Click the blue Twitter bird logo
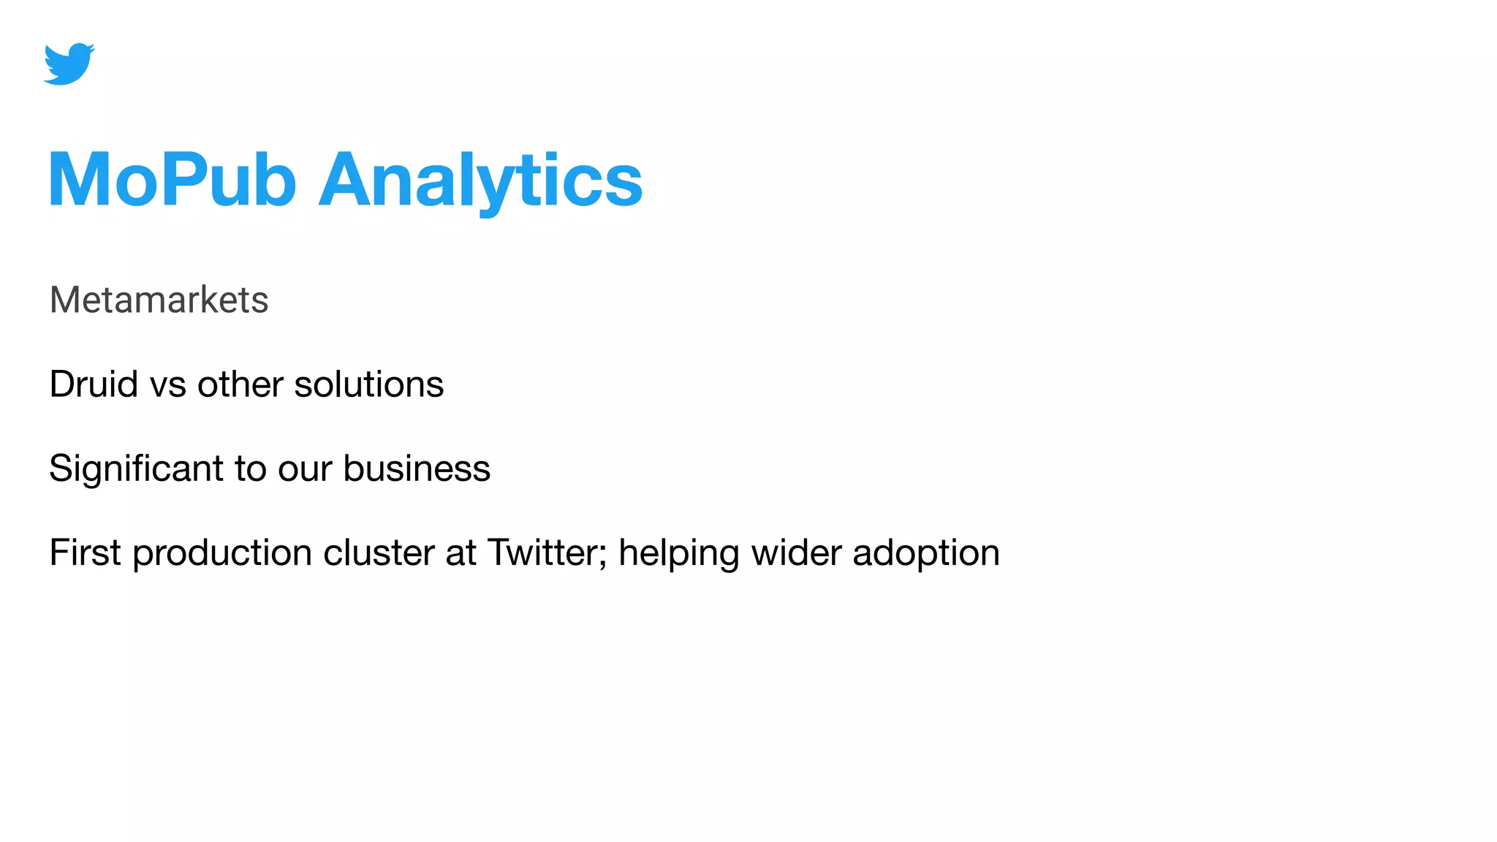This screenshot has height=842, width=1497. click(x=69, y=64)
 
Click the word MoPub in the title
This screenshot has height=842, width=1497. click(x=173, y=180)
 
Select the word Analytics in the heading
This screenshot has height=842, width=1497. click(x=481, y=180)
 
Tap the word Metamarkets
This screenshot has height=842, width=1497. click(x=159, y=300)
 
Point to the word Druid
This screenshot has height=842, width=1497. click(x=94, y=384)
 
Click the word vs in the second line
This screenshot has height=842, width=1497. click(x=168, y=385)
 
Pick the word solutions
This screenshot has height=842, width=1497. click(x=368, y=384)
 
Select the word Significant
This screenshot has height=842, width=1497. click(x=136, y=469)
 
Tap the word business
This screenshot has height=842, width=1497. click(x=417, y=469)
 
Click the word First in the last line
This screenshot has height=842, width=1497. click(x=85, y=553)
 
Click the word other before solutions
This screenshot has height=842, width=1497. click(x=240, y=384)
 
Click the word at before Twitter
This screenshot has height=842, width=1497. click(x=461, y=553)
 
